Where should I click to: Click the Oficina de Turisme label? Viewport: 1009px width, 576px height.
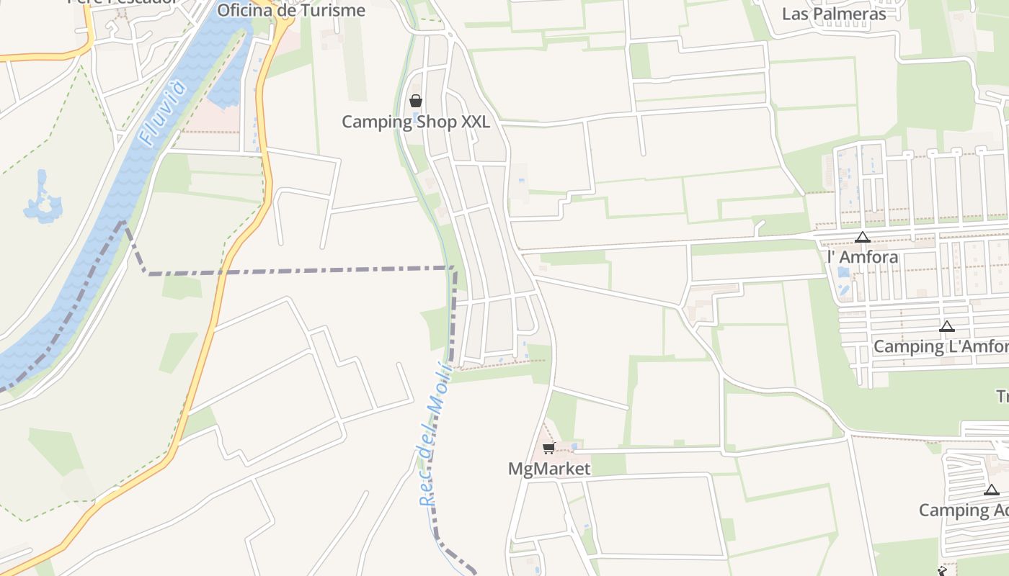290,10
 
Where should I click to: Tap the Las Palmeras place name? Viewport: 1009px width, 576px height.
834,14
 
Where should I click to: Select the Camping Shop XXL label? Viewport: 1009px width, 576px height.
415,122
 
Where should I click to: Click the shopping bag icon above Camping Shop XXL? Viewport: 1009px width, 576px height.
416,101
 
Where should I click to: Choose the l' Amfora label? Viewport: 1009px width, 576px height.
863,257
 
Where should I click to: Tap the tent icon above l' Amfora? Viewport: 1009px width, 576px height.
863,237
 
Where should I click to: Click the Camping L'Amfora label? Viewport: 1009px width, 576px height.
941,346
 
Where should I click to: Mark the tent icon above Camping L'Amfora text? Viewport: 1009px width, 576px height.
947,326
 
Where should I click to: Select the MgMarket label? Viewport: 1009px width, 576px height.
549,469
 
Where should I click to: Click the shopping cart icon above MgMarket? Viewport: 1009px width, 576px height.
549,449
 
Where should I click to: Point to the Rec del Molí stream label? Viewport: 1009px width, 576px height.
435,436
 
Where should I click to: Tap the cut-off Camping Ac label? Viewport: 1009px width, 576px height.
964,510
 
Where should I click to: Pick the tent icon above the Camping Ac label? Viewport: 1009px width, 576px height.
992,490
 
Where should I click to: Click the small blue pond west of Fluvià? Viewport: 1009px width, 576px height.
43,200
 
